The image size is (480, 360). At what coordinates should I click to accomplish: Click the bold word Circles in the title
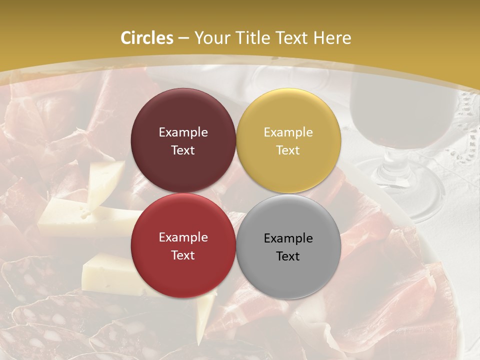pyautogui.click(x=147, y=38)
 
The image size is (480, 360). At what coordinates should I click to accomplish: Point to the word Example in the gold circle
pyautogui.click(x=288, y=132)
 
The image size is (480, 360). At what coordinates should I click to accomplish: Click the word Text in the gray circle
pyautogui.click(x=287, y=256)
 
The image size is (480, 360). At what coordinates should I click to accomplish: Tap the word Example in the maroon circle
pyautogui.click(x=183, y=132)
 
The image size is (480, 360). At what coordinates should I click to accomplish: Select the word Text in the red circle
pyautogui.click(x=183, y=255)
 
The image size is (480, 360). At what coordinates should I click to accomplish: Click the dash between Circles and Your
pyautogui.click(x=183, y=38)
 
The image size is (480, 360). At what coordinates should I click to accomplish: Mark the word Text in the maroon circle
pyautogui.click(x=183, y=150)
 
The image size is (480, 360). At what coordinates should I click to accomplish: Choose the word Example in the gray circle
pyautogui.click(x=288, y=238)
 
